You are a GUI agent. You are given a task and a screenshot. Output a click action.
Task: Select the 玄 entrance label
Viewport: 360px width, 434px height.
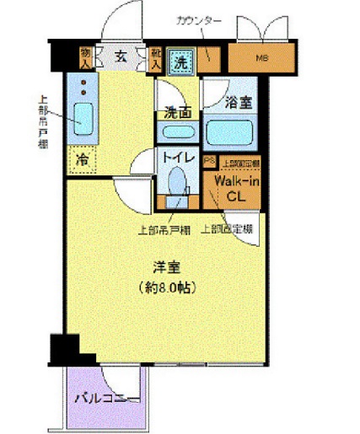click(x=120, y=57)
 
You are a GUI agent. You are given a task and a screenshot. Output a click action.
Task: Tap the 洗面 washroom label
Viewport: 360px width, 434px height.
click(x=177, y=111)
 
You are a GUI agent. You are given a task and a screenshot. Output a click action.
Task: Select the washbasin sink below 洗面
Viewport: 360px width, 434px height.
click(x=178, y=132)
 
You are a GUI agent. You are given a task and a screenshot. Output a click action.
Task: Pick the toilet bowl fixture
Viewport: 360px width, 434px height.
click(x=177, y=182)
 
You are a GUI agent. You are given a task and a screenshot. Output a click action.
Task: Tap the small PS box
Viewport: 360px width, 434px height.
click(x=209, y=161)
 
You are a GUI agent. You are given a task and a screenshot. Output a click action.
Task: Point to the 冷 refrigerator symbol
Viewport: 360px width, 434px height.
click(x=83, y=158)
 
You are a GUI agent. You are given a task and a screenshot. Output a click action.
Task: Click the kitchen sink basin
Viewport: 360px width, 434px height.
click(x=83, y=115)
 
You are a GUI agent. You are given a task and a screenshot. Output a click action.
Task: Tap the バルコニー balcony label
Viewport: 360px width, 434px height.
click(x=105, y=397)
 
